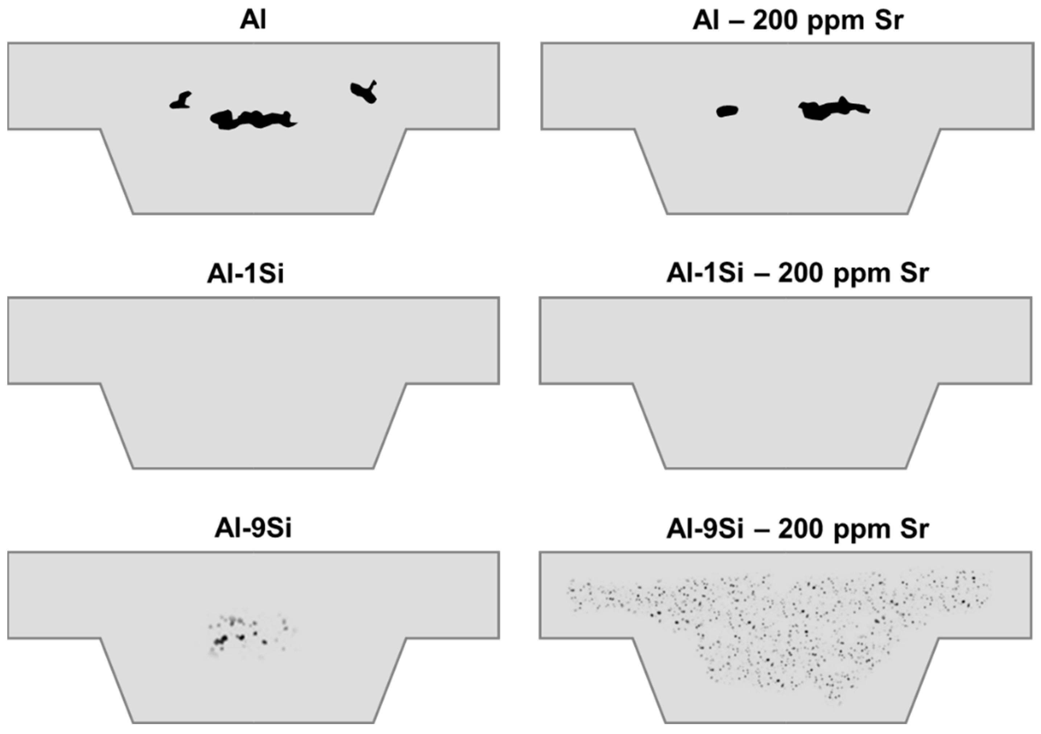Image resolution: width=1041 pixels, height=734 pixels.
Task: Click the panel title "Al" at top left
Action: coord(253,20)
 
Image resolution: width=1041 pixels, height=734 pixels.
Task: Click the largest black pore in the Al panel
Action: coord(252,120)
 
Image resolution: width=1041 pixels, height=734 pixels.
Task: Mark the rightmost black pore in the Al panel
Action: coord(364,92)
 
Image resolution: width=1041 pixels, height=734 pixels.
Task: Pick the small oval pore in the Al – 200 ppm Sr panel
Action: coord(727,111)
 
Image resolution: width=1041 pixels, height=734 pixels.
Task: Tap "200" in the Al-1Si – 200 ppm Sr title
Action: coord(800,274)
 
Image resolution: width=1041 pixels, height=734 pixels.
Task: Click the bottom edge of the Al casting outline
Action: coord(253,213)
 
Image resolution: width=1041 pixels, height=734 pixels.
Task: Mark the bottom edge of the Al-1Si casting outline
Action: coord(253,468)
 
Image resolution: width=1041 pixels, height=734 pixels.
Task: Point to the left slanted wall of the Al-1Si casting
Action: coord(116,426)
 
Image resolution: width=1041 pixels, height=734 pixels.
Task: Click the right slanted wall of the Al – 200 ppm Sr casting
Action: coord(924,172)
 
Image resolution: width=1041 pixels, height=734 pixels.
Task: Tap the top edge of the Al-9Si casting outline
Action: coord(253,552)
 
